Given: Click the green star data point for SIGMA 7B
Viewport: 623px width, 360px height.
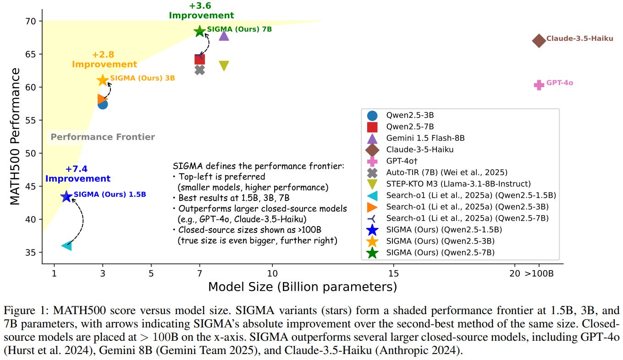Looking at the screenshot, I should pyautogui.click(x=199, y=31).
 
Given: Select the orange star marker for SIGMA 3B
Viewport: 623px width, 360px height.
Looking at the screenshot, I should pyautogui.click(x=103, y=80).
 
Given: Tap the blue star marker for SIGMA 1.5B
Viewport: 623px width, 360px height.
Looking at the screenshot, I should pyautogui.click(x=66, y=196).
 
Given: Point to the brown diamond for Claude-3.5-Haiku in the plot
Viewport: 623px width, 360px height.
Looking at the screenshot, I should pyautogui.click(x=539, y=40).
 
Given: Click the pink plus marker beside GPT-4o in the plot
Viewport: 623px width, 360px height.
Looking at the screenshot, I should pyautogui.click(x=539, y=84).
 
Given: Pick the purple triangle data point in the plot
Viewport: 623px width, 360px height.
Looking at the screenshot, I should pyautogui.click(x=224, y=35).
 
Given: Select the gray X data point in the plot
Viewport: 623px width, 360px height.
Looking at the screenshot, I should pyautogui.click(x=199, y=70).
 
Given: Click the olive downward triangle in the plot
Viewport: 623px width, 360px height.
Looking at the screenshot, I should pyautogui.click(x=224, y=66).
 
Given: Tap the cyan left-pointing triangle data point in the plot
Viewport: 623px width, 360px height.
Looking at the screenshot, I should pyautogui.click(x=66, y=246).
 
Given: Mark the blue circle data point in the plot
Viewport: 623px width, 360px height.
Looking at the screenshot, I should pyautogui.click(x=103, y=105).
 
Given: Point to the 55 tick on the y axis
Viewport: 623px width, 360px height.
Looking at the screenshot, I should pyautogui.click(x=33, y=121).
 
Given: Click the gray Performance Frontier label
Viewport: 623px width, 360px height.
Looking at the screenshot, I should pyautogui.click(x=103, y=137).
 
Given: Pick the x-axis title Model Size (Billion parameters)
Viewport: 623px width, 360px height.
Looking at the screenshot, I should pyautogui.click(x=303, y=287).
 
